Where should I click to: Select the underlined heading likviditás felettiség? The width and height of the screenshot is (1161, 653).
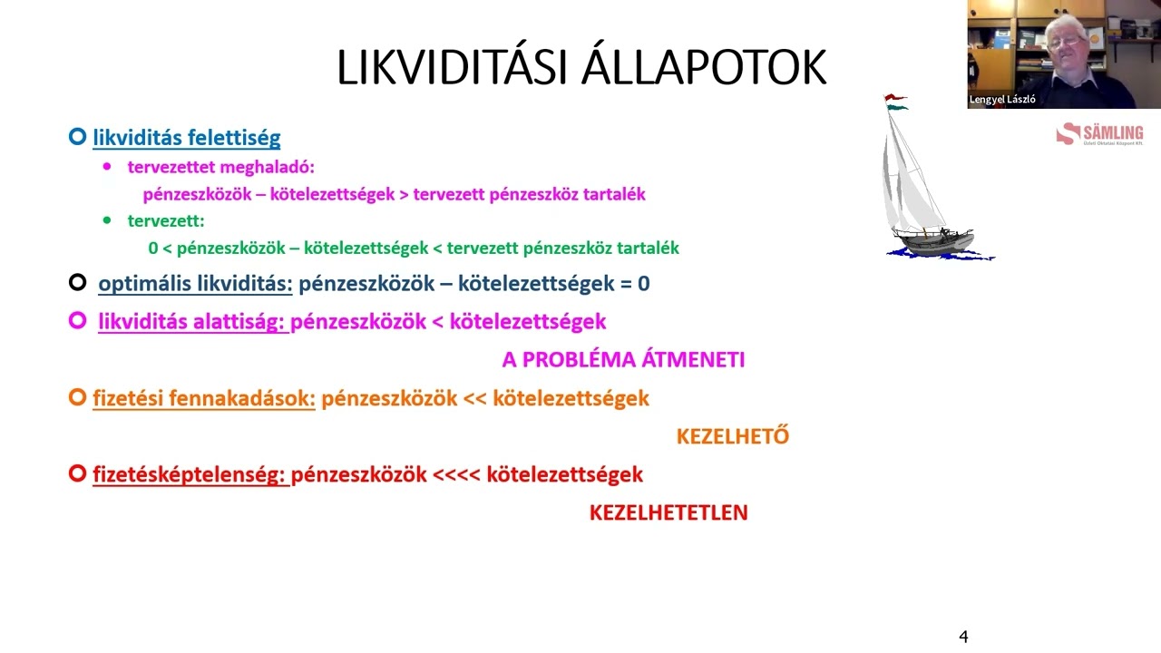[x=186, y=138]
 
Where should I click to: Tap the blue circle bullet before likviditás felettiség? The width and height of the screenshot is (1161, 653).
[x=78, y=138]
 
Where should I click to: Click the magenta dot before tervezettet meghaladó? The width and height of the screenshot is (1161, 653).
[x=108, y=167]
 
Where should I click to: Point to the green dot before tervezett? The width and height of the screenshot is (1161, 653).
[x=108, y=220]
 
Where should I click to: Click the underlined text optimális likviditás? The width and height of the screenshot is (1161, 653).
[x=195, y=283]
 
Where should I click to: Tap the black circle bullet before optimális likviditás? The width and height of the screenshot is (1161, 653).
[x=78, y=283]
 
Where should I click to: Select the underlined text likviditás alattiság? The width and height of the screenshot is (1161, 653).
[x=192, y=321]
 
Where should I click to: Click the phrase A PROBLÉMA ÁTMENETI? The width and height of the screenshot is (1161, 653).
[x=623, y=359]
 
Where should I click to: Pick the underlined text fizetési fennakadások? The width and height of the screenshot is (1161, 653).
[x=203, y=398]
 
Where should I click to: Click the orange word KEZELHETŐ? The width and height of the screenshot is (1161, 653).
[x=732, y=436]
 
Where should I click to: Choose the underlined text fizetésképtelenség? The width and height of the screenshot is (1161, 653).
[x=190, y=473]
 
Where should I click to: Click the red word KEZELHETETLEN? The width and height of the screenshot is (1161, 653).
[x=668, y=512]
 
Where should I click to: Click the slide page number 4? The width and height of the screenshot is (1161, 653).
[x=963, y=637]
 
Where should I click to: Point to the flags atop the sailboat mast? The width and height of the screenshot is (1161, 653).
[x=896, y=101]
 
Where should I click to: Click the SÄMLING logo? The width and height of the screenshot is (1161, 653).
[x=1099, y=135]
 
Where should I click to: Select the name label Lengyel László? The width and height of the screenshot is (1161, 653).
[x=1002, y=100]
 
